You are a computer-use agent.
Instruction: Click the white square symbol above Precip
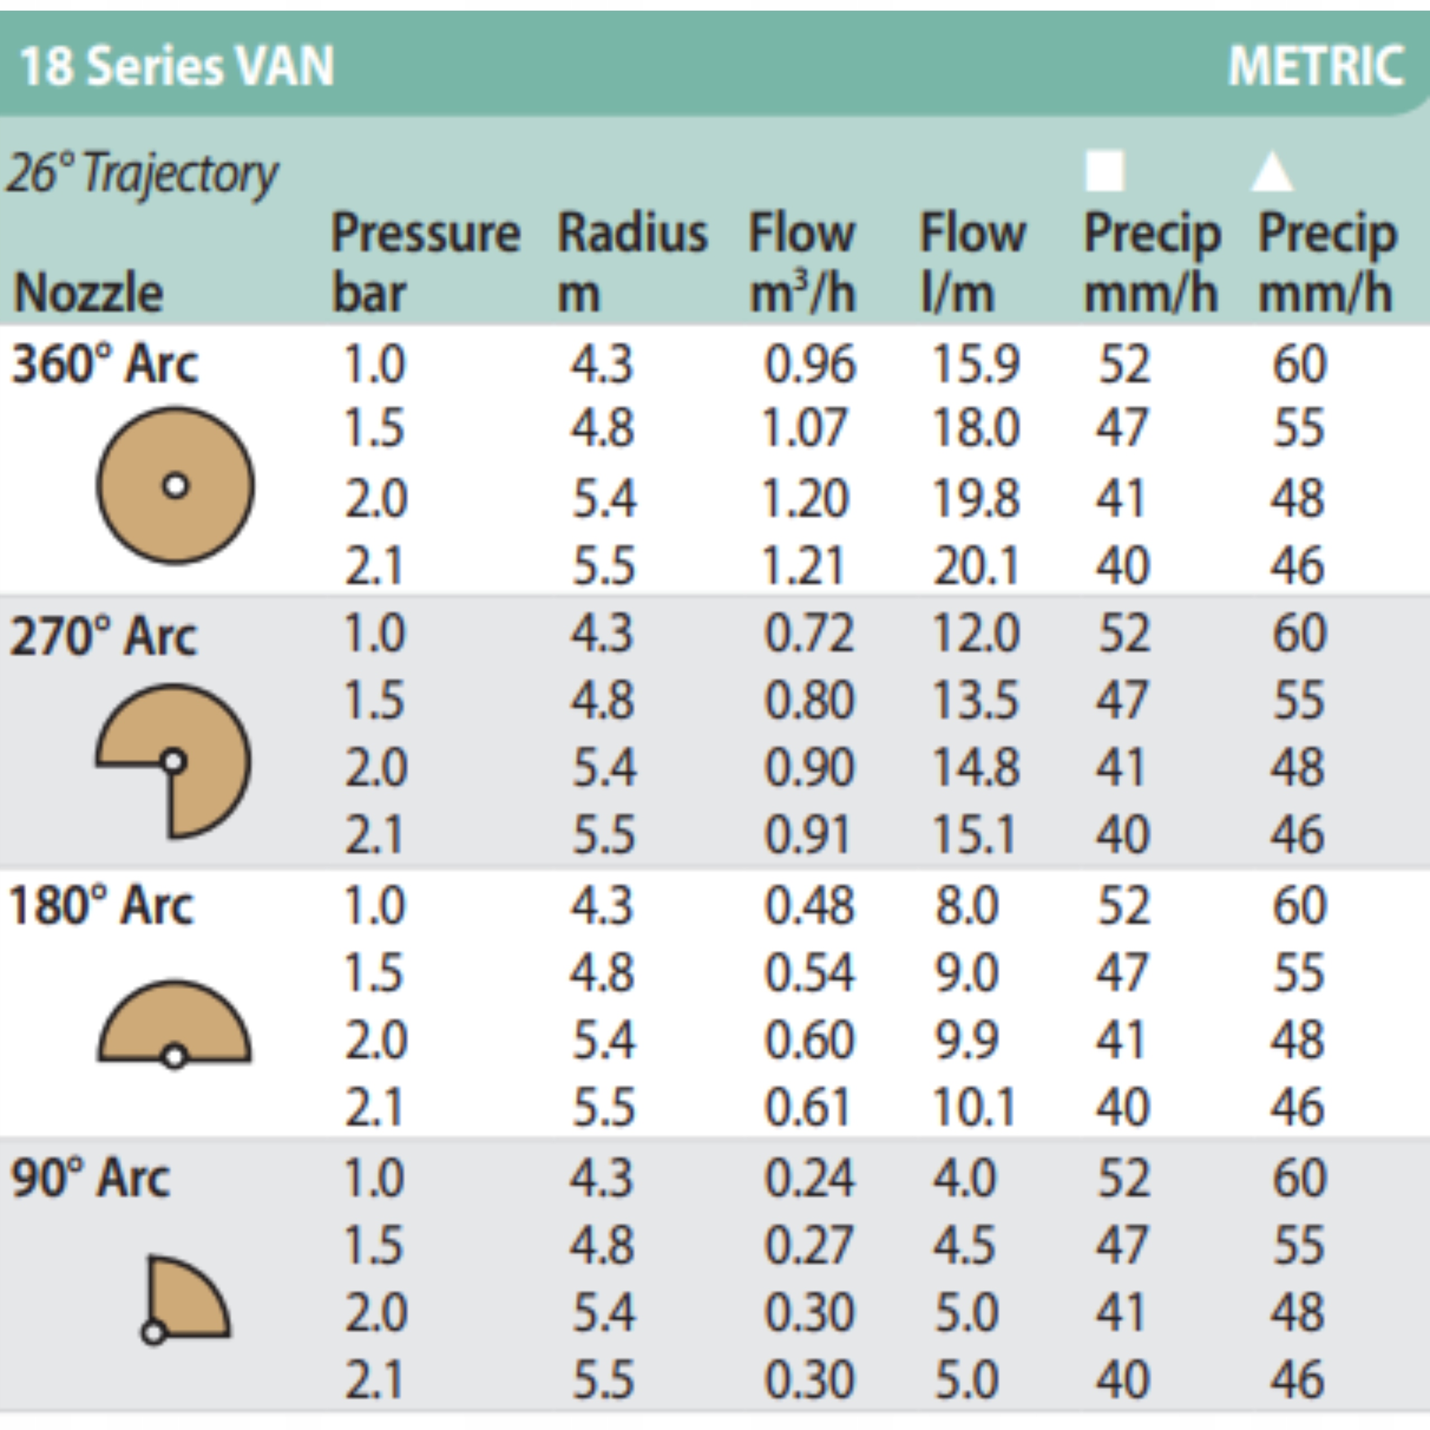coord(1104,171)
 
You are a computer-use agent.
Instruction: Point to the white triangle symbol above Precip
coord(1271,171)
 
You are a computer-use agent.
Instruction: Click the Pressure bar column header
coord(425,263)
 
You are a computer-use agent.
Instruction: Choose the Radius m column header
coord(632,263)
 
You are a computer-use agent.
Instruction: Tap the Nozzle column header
coord(88,292)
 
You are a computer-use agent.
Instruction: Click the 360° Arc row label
coord(104,364)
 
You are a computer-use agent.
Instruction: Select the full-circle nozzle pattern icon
coord(175,485)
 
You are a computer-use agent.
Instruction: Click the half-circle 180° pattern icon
coord(175,1025)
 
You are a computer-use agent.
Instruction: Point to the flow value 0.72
coord(809,633)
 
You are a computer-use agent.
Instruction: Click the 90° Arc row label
coord(90,1178)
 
